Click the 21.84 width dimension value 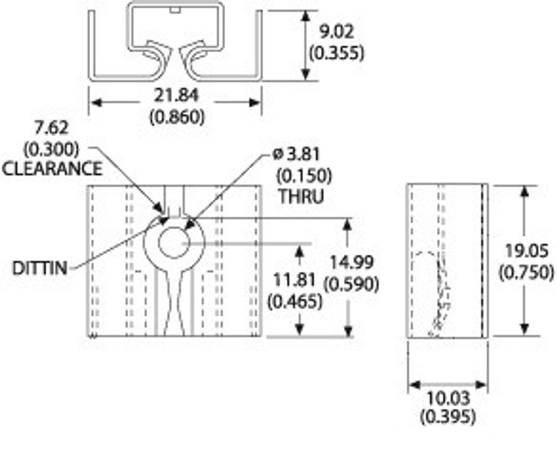(177, 96)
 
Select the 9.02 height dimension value (336, 32)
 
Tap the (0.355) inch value (336, 53)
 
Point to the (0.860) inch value (177, 117)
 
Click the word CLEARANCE (52, 169)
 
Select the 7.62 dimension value (52, 128)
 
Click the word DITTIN (40, 268)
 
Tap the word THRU (301, 196)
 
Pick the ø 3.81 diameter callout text (296, 155)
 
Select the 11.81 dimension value (294, 280)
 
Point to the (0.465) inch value (295, 301)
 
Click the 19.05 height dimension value (527, 252)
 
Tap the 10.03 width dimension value (448, 398)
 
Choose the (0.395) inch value (448, 417)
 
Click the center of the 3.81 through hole (174, 243)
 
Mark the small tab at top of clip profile (174, 10)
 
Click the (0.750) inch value (527, 273)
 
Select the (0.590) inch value (351, 284)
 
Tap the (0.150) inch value (304, 176)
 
